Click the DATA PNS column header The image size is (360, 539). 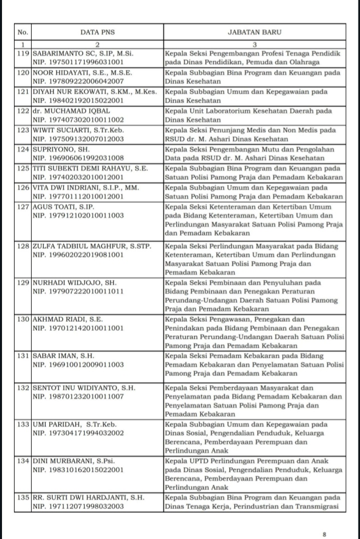pos(98,33)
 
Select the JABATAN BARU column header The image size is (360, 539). pos(254,33)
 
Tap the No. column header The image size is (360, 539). pos(23,33)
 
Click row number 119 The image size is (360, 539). pos(23,53)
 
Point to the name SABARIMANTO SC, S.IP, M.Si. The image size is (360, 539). pos(83,53)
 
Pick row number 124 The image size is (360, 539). pos(23,150)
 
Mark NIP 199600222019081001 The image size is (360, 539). pos(78,255)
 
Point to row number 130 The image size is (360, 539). pos(23,319)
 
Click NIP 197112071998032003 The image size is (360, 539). pos(78,507)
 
